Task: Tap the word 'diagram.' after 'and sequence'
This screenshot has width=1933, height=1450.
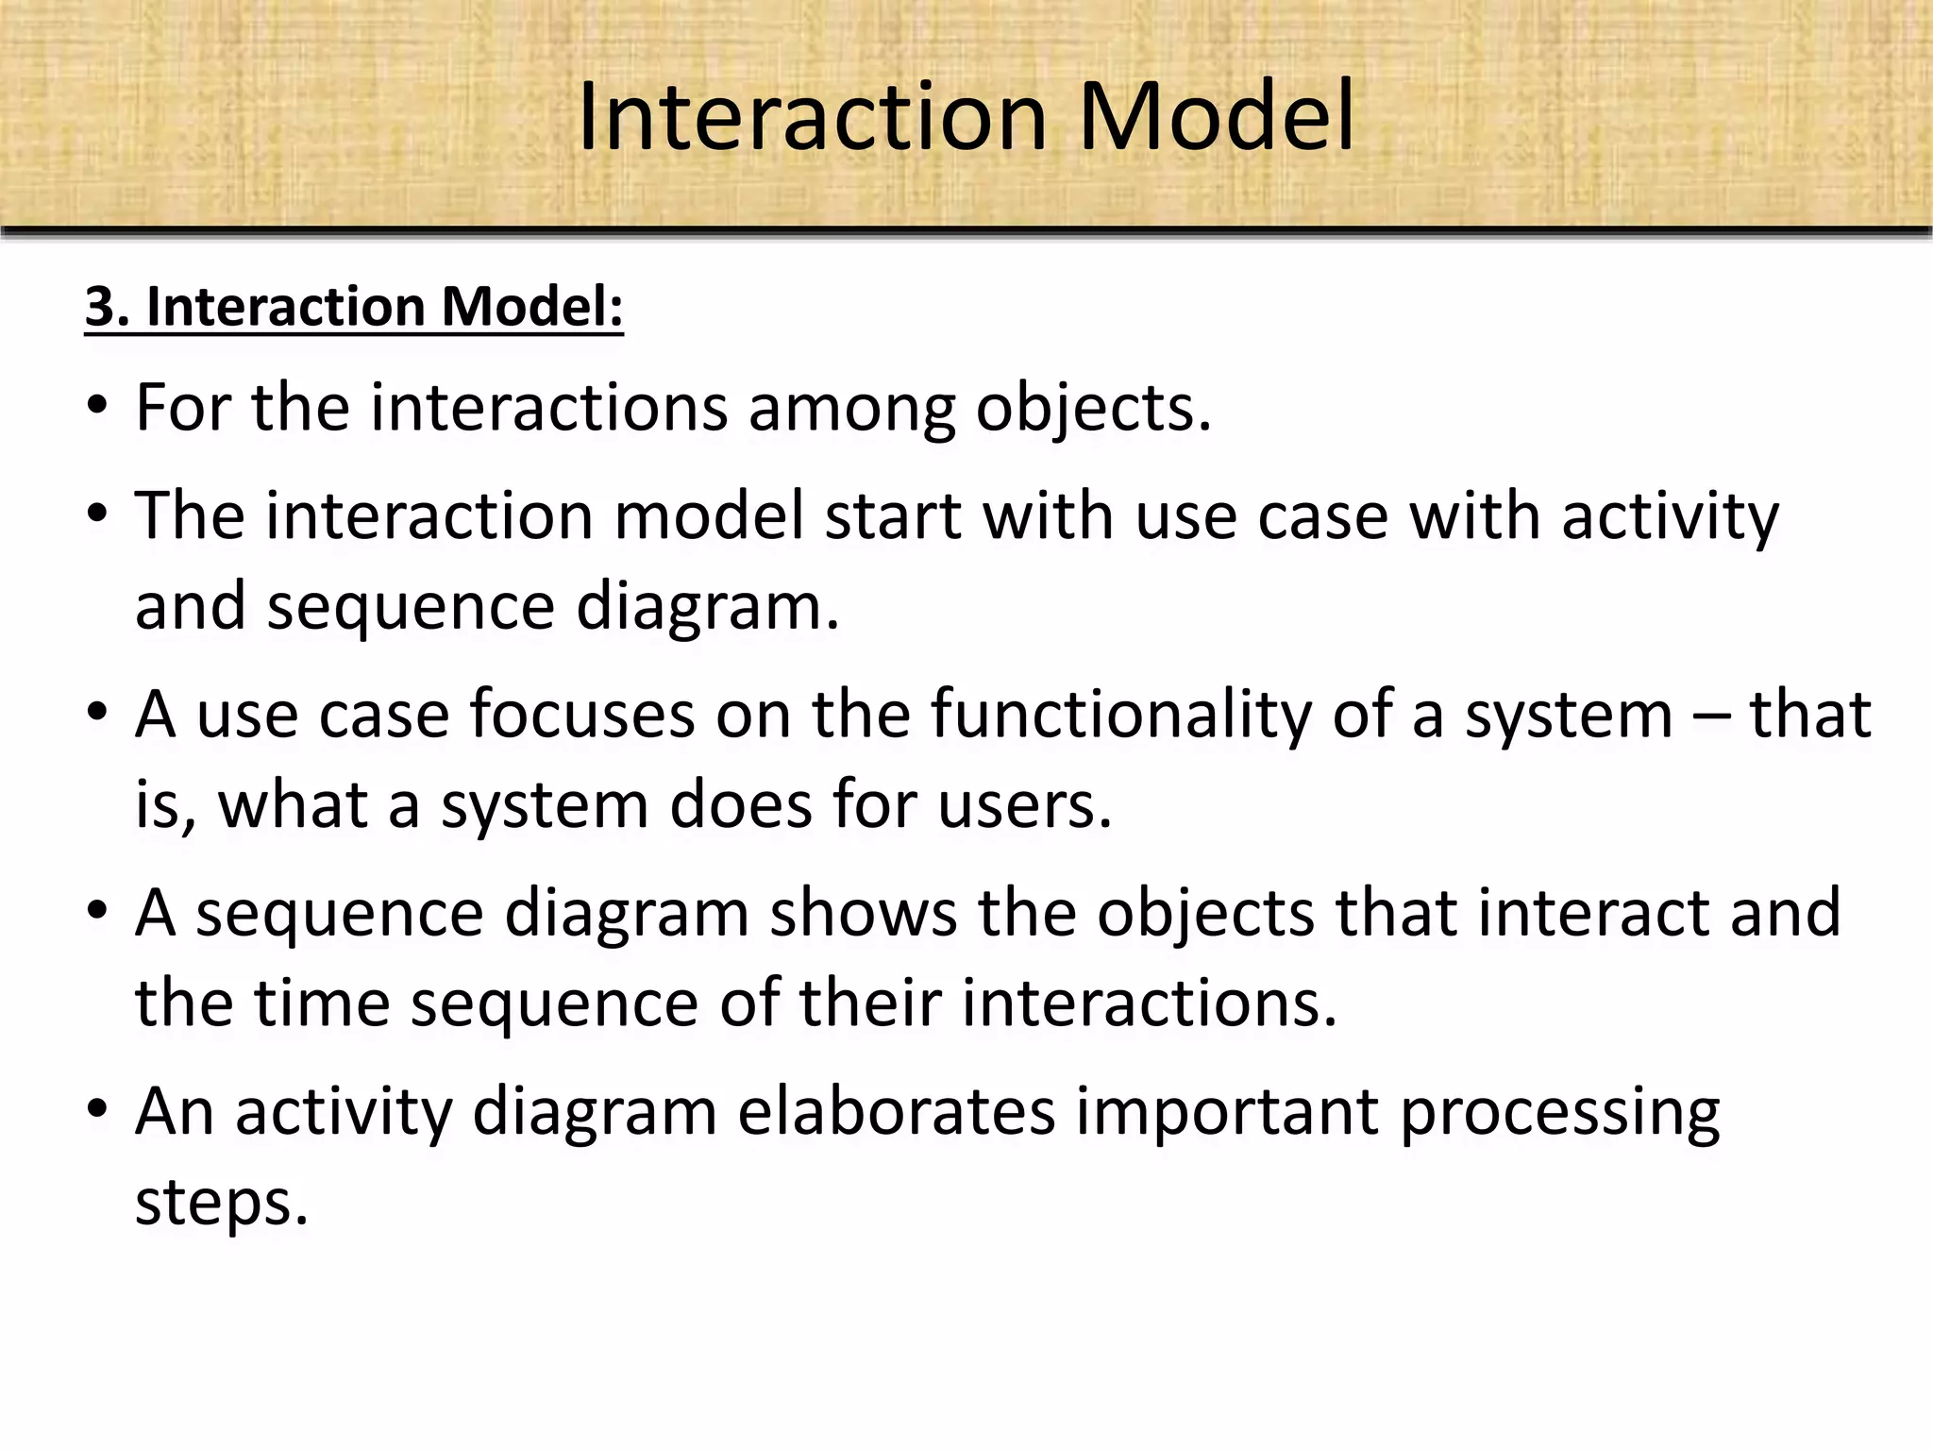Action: coord(707,606)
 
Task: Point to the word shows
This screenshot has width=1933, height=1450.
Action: coord(863,913)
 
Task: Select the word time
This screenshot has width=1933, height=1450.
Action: coord(322,1003)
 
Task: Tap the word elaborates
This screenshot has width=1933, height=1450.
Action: coord(896,1111)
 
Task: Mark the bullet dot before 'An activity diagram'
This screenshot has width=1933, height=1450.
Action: coord(96,1112)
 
